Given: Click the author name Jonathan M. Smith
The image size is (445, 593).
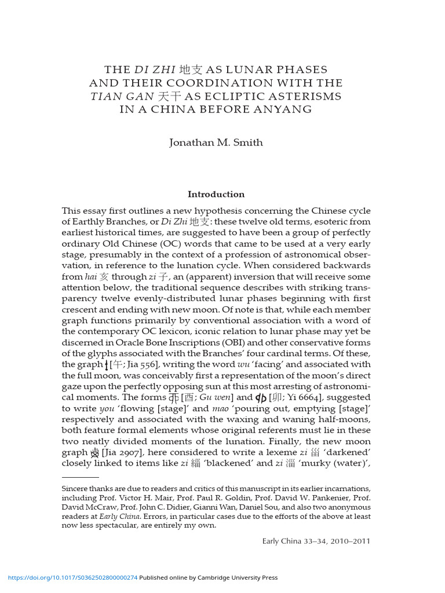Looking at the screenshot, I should tap(216, 143).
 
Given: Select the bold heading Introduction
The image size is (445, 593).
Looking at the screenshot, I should tap(216, 194).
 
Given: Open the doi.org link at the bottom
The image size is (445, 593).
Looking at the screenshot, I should tap(72, 577).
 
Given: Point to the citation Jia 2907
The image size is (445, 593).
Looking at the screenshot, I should tap(124, 452).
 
